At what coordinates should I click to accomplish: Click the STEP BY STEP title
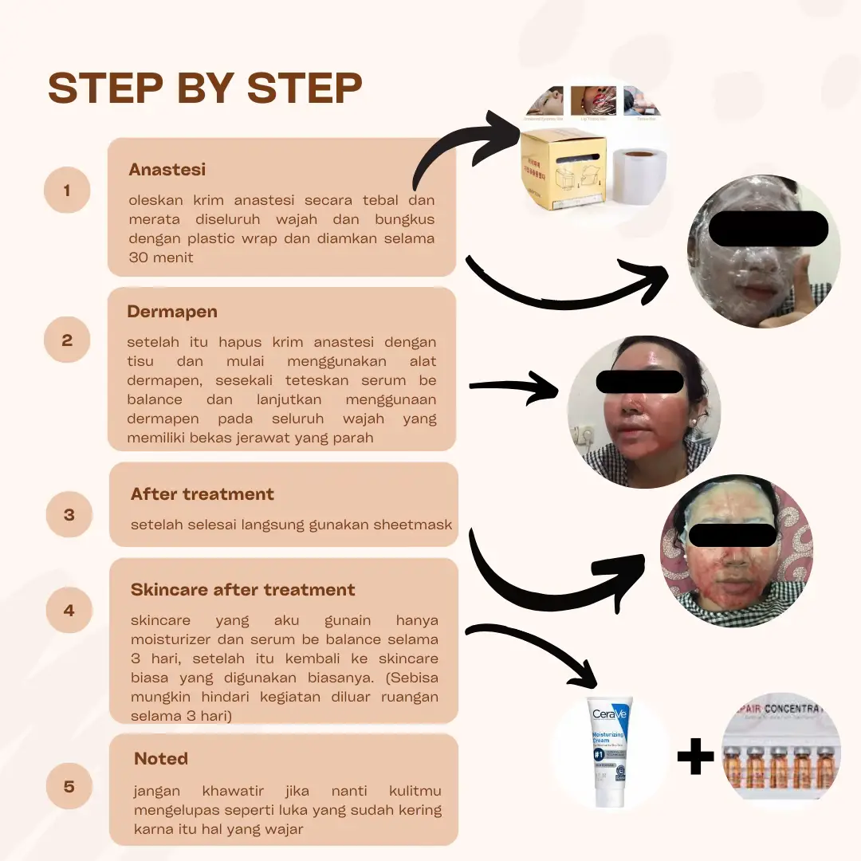tap(205, 88)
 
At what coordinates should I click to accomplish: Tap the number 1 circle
tap(67, 191)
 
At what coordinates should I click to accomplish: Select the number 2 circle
tap(67, 340)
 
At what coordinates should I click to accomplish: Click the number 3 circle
tap(69, 514)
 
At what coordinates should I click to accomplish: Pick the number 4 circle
tap(69, 610)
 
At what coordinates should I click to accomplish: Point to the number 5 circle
tap(69, 786)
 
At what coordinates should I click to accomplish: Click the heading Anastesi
tap(167, 170)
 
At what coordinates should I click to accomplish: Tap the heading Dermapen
tap(172, 312)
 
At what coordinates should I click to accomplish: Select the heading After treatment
tap(202, 494)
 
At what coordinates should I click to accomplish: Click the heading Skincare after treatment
tap(243, 590)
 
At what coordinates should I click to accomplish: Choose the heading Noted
tap(161, 758)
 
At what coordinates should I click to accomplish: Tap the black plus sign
tap(695, 756)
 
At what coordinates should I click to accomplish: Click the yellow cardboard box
tap(563, 170)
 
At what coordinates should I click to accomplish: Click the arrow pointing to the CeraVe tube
tap(534, 650)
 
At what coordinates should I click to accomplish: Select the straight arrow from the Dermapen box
tap(514, 387)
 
